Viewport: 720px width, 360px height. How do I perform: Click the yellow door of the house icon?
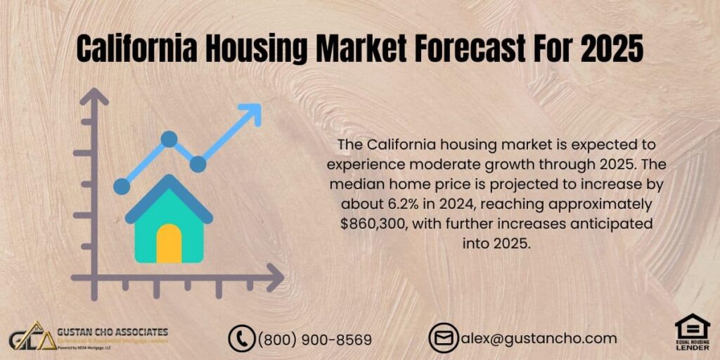point(169,243)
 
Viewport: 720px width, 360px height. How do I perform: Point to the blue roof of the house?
point(169,193)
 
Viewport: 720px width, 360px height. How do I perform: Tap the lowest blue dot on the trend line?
point(122,186)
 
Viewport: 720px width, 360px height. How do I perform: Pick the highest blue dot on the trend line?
point(169,139)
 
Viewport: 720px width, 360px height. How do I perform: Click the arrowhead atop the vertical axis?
point(94,96)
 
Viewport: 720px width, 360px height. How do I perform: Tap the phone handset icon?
point(242,339)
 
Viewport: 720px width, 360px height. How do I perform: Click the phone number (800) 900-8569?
point(315,340)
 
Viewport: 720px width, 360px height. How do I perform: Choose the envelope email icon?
point(444,338)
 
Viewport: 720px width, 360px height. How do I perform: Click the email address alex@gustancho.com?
point(539,338)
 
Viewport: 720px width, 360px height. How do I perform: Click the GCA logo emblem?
point(32,338)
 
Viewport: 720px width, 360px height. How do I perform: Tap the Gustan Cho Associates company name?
point(113,330)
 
